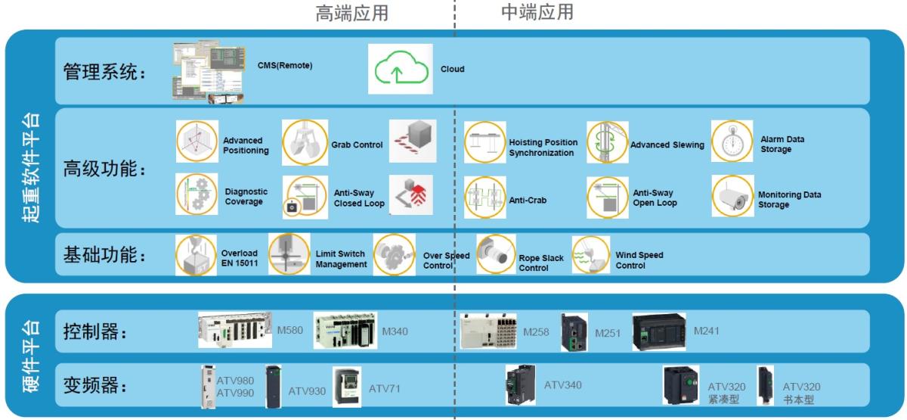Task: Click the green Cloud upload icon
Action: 398,69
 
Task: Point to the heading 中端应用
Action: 537,12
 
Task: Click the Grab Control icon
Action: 304,142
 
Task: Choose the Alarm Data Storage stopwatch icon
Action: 732,142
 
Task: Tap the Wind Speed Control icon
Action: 590,255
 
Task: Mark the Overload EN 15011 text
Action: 240,257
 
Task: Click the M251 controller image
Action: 574,333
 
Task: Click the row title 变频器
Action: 94,384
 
